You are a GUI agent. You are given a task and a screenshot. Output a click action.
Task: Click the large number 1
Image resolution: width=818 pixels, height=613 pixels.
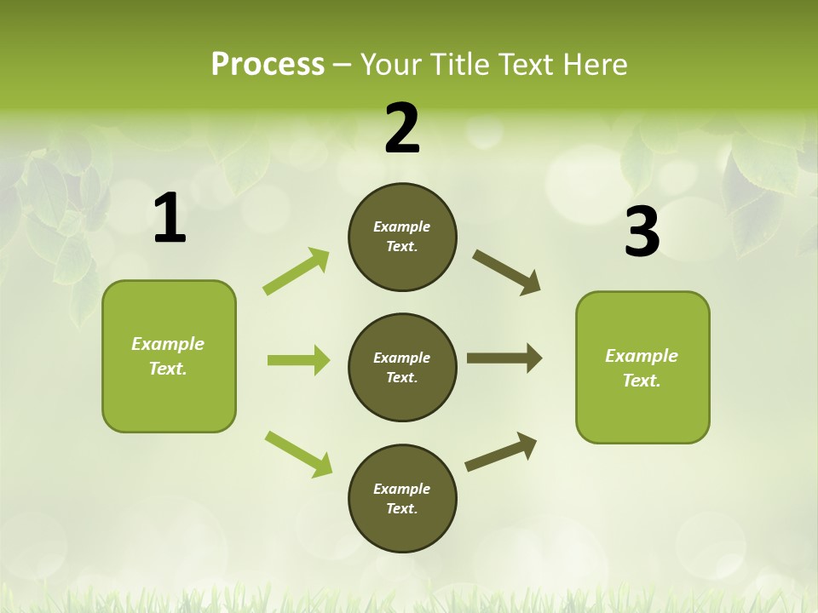[170, 219]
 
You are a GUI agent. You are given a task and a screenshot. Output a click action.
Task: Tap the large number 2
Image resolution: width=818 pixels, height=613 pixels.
[402, 129]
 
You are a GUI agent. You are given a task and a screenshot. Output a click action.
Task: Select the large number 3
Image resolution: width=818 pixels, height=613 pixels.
[642, 232]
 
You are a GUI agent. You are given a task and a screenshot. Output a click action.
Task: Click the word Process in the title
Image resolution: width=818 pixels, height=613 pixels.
[268, 65]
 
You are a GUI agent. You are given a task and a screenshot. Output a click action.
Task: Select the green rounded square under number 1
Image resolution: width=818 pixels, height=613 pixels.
[169, 356]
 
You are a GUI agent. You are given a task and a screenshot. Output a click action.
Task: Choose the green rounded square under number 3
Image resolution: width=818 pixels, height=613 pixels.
[642, 368]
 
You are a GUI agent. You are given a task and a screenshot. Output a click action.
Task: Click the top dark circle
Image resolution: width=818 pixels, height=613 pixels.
[402, 237]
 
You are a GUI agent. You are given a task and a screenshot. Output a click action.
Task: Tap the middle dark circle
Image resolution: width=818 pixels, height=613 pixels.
[402, 367]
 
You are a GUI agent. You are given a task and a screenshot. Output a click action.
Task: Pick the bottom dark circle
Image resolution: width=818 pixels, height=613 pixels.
[402, 498]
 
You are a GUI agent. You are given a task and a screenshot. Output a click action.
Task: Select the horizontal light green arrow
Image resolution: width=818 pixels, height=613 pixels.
[298, 360]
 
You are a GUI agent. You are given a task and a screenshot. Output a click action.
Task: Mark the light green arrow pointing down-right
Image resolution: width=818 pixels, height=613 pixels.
[299, 454]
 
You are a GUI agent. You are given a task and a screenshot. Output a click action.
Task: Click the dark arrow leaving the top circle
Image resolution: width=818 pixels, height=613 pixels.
[507, 272]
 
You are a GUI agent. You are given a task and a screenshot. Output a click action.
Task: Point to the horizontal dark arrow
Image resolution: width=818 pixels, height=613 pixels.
[504, 358]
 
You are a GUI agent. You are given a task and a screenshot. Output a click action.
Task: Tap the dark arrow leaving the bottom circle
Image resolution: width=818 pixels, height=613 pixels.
[501, 451]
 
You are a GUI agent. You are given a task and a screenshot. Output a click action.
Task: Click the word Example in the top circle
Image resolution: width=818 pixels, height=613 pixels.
[402, 226]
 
